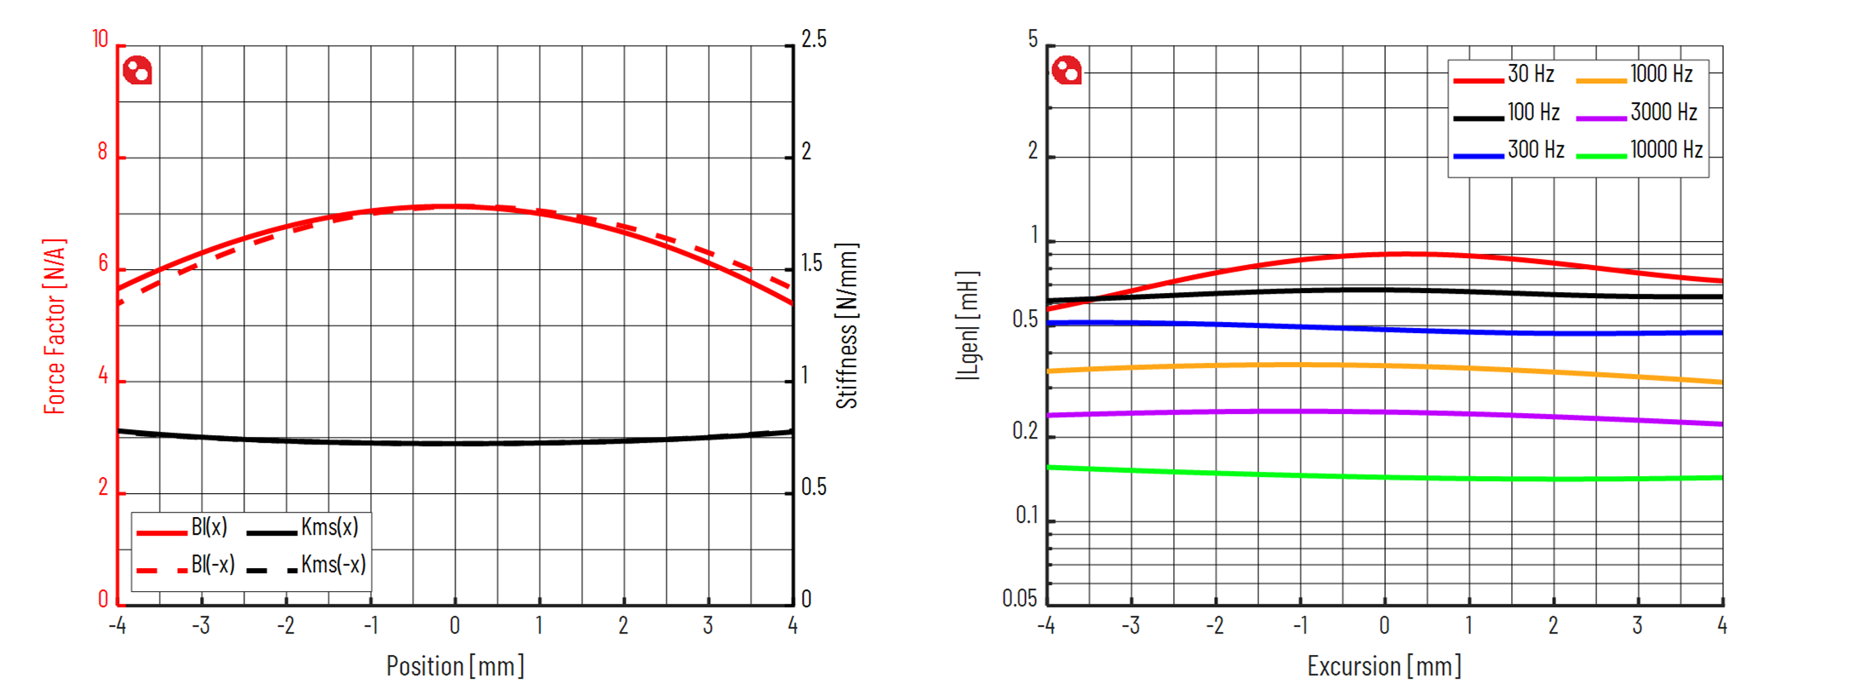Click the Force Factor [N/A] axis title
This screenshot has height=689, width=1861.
54,326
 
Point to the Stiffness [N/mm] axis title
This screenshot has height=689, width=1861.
847,326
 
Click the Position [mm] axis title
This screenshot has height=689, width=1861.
455,666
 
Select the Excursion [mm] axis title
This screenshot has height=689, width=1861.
1384,666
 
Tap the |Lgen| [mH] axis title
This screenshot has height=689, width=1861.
968,326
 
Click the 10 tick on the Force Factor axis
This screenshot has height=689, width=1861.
100,40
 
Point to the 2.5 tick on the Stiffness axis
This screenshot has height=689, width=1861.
814,40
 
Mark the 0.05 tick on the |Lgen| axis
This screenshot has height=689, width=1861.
1020,599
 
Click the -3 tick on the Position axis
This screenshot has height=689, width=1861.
200,626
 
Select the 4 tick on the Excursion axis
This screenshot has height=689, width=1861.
1722,626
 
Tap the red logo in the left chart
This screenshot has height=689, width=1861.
137,70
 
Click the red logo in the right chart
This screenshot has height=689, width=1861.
1067,70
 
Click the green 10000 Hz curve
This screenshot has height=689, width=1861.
1384,477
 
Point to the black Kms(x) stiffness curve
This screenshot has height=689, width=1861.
455,443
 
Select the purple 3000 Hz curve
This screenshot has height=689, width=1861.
1384,412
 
